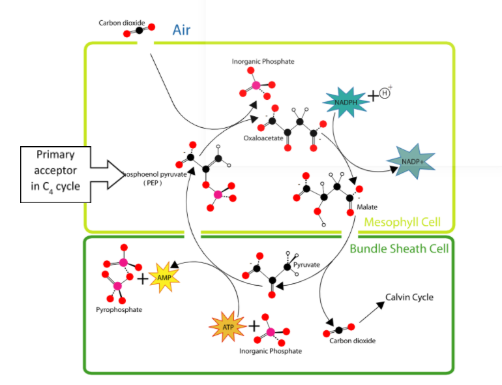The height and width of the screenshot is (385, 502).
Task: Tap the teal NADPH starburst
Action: pyautogui.click(x=344, y=102)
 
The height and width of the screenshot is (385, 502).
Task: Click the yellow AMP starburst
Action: pyautogui.click(x=164, y=277)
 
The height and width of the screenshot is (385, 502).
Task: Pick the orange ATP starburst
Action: pyautogui.click(x=226, y=325)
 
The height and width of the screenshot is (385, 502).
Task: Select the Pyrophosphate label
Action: pyautogui.click(x=119, y=309)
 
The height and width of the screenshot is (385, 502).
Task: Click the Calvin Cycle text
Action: pyautogui.click(x=409, y=298)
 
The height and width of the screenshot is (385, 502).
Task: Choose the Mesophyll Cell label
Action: pyautogui.click(x=402, y=223)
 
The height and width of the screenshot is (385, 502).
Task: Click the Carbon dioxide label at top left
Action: pyautogui.click(x=121, y=23)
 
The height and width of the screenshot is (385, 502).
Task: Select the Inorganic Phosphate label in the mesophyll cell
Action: pyautogui.click(x=263, y=62)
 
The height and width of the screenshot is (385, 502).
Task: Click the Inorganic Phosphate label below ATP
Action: pyautogui.click(x=270, y=351)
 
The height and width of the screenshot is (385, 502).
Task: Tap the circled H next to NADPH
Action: pyautogui.click(x=385, y=93)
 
